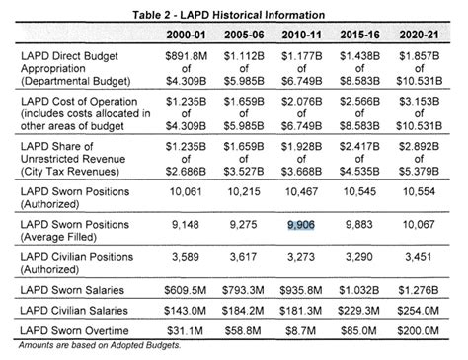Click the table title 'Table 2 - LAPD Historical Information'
(x=234, y=9)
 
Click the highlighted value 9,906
(x=300, y=226)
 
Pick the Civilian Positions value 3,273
(x=300, y=258)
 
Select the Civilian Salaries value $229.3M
(x=362, y=310)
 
